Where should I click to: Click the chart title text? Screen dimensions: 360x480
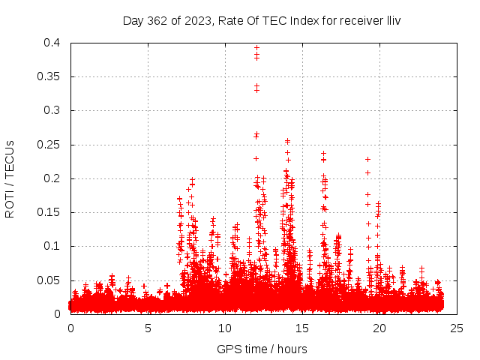(x=262, y=20)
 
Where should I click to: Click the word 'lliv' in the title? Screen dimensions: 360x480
(x=392, y=20)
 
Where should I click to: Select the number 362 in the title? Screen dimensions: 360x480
(x=159, y=20)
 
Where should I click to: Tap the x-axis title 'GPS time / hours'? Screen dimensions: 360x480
(x=262, y=349)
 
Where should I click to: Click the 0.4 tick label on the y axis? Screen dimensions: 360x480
(x=53, y=43)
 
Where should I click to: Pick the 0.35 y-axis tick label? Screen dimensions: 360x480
(x=50, y=76)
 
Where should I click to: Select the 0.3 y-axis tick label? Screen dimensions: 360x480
(x=53, y=110)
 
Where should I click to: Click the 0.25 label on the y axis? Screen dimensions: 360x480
(x=50, y=145)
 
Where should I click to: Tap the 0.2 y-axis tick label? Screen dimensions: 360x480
(x=53, y=178)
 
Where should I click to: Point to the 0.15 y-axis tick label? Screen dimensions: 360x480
(x=50, y=212)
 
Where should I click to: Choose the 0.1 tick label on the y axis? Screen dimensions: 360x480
(x=53, y=246)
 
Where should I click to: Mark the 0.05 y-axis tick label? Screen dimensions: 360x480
(x=50, y=280)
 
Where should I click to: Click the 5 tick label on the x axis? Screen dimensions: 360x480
(x=148, y=328)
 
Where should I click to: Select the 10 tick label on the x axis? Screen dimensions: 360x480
(x=225, y=328)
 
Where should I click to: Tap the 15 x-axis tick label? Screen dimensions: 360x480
(x=302, y=328)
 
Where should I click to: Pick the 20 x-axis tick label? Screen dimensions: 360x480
(x=379, y=328)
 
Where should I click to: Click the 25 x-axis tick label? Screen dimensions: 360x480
(x=457, y=328)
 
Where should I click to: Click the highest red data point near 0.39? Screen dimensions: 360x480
(x=256, y=48)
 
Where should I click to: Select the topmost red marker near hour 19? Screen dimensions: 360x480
(x=367, y=159)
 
